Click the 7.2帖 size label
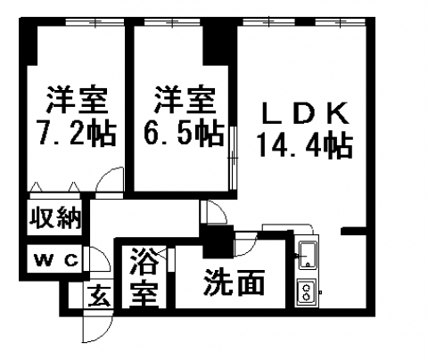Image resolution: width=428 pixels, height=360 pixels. pyautogui.click(x=76, y=133)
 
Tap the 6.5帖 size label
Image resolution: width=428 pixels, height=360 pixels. pyautogui.click(x=184, y=133)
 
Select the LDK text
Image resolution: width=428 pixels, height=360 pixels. pyautogui.click(x=306, y=113)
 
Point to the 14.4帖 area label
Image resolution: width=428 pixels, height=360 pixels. pyautogui.click(x=305, y=144)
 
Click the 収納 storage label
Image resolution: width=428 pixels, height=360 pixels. pyautogui.click(x=55, y=218)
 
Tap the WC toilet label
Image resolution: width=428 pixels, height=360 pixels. pyautogui.click(x=56, y=261)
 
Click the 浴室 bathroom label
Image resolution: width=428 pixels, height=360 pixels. pyautogui.click(x=144, y=277)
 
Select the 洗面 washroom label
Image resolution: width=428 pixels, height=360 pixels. pyautogui.click(x=234, y=282)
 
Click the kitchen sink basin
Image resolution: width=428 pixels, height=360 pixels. pyautogui.click(x=309, y=256)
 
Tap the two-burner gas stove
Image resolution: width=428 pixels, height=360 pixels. pyautogui.click(x=307, y=292)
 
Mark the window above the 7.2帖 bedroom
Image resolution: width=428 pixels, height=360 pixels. pyautogui.click(x=95, y=21)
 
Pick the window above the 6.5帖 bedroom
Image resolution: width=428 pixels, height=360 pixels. pyautogui.click(x=172, y=21)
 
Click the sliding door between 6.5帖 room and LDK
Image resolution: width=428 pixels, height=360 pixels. pyautogui.click(x=234, y=158)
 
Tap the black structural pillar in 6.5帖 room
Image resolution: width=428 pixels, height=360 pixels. pyautogui.click(x=219, y=45)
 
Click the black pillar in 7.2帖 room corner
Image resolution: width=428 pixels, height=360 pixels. pyautogui.click(x=29, y=45)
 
